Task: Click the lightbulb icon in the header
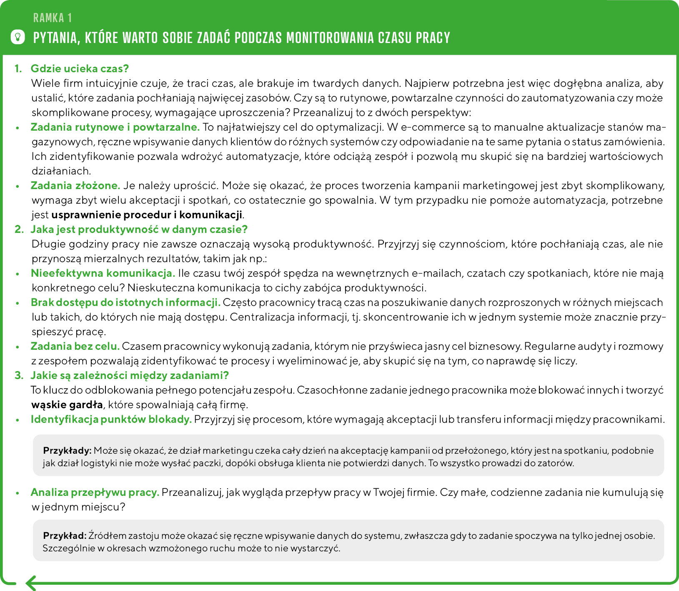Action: (x=17, y=37)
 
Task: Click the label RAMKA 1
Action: (x=53, y=18)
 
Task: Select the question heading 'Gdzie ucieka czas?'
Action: (x=80, y=68)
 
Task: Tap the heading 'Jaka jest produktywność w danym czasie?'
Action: (x=139, y=229)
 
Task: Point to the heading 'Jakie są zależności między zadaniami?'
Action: (x=130, y=375)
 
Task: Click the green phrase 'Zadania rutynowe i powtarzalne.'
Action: (x=115, y=127)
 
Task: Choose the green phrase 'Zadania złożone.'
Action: (x=75, y=185)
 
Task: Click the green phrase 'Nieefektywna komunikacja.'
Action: (x=103, y=273)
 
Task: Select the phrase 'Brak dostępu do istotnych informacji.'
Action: (x=125, y=302)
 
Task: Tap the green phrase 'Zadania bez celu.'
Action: (x=75, y=346)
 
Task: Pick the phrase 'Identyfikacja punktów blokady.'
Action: (x=111, y=419)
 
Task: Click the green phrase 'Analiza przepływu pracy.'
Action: (x=95, y=492)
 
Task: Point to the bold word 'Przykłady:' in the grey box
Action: (x=67, y=450)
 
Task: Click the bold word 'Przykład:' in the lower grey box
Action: (x=65, y=535)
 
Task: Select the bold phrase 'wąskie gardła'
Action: (x=67, y=404)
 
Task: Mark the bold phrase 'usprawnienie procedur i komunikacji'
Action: (x=147, y=215)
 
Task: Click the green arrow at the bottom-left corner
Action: (x=31, y=583)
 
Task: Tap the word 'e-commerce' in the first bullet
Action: (x=424, y=127)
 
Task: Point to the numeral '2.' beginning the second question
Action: (x=19, y=229)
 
